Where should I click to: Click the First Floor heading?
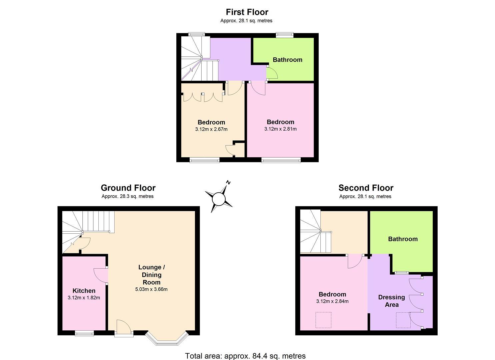tap(247, 12)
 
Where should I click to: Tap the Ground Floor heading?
tap(128, 188)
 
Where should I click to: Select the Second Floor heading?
tap(366, 188)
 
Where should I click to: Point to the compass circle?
tap(219, 199)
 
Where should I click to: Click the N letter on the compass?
tap(228, 183)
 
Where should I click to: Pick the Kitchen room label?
tap(84, 291)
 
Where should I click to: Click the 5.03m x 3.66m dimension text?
tap(151, 289)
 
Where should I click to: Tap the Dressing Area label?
tap(392, 301)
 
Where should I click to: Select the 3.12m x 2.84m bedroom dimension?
tap(332, 301)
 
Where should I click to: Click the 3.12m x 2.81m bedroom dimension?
tap(280, 129)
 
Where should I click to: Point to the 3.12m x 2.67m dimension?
tap(211, 129)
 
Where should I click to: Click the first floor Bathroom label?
tap(287, 60)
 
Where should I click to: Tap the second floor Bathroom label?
tap(403, 239)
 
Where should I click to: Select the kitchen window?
tap(84, 333)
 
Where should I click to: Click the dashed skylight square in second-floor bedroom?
tap(323, 320)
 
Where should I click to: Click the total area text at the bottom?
tap(245, 356)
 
